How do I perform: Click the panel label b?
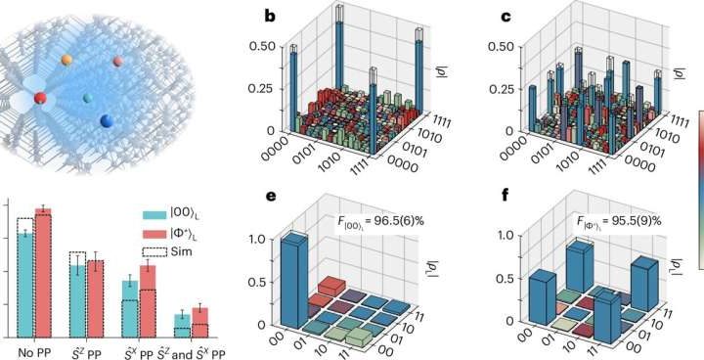coord(255,15)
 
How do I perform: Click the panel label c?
coord(479,15)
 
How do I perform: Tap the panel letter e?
coord(255,197)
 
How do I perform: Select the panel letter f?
coord(479,197)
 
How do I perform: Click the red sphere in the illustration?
coord(40,98)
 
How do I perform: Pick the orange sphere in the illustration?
coord(66,61)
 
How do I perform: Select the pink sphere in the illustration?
coord(117,63)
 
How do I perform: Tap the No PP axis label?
coord(34,351)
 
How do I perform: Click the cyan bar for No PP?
coord(25,285)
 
